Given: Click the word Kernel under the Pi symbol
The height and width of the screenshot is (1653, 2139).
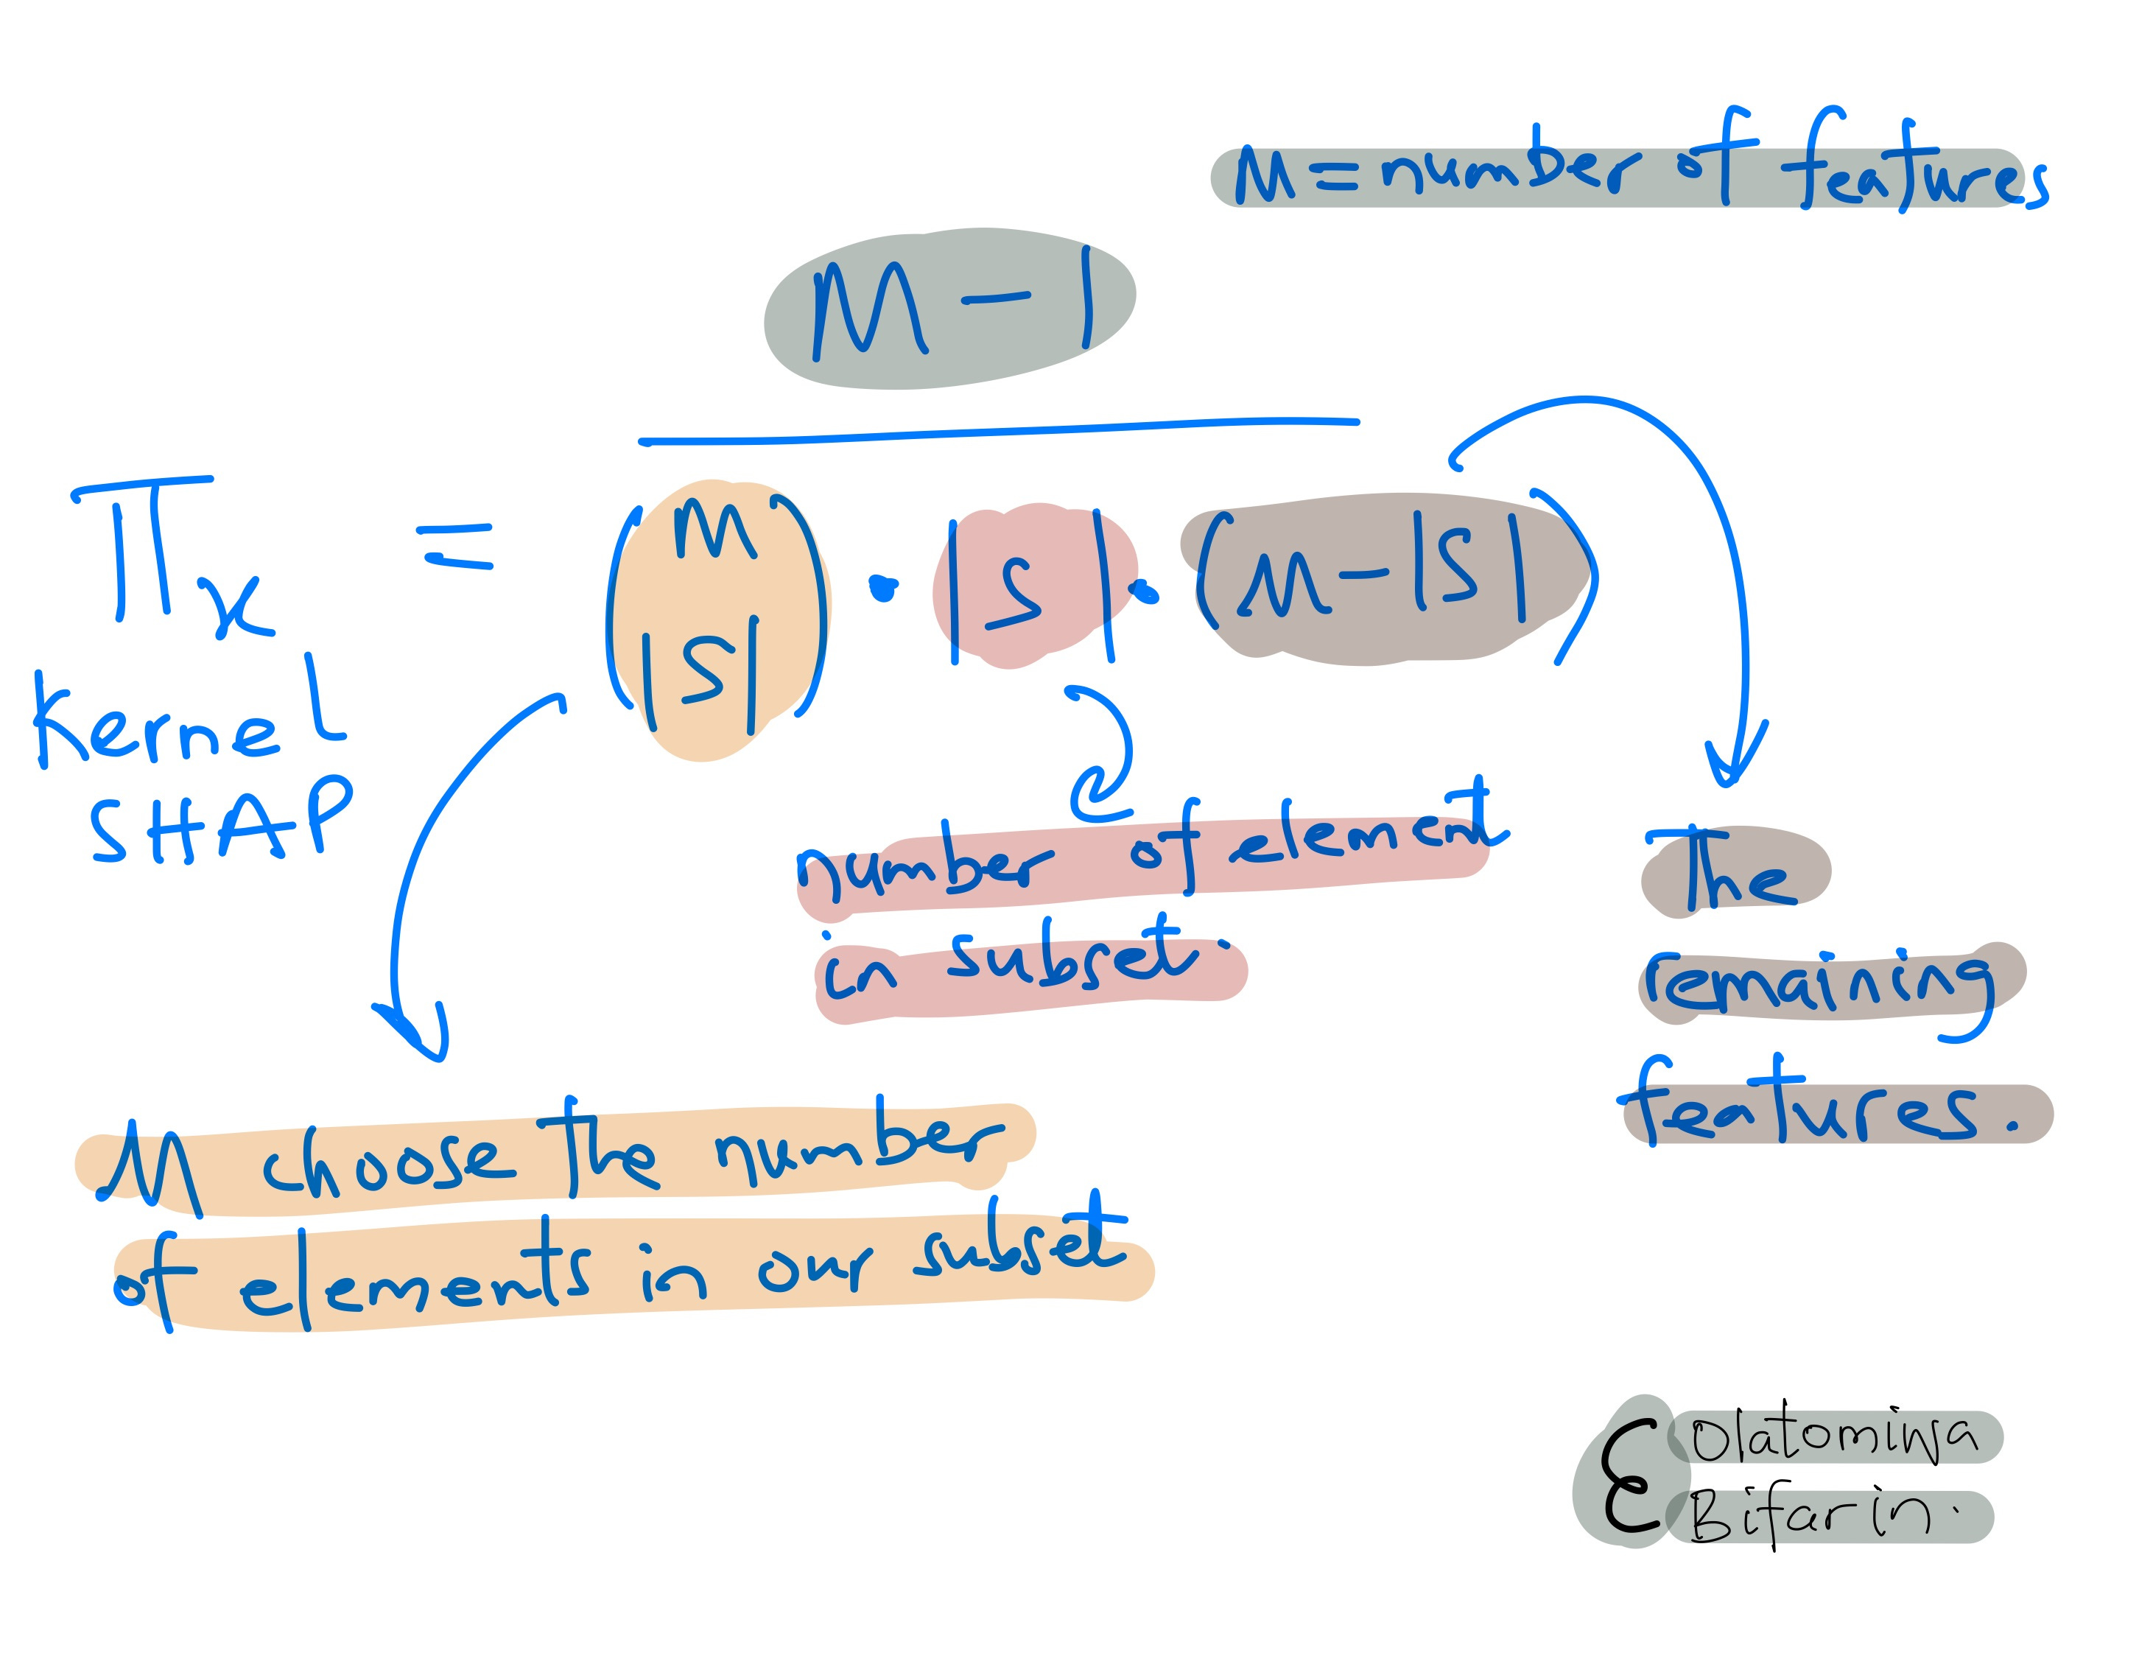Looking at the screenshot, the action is [x=186, y=720].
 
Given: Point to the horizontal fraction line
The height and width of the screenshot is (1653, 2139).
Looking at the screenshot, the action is [x=999, y=431].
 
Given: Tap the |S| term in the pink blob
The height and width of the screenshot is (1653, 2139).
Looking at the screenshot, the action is [x=1028, y=588].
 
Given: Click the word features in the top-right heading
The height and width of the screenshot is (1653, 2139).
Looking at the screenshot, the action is [x=1915, y=172].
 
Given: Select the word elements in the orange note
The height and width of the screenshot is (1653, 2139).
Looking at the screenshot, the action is [x=416, y=1278].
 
